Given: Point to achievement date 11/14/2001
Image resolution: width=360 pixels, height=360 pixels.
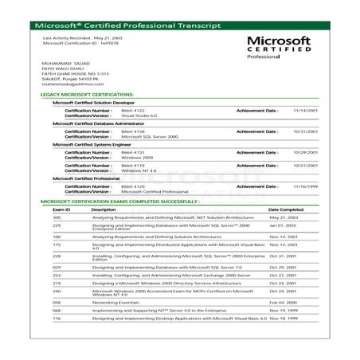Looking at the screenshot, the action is click(x=292, y=109).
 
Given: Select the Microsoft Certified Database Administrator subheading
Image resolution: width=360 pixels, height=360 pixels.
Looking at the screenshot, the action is click(x=102, y=123).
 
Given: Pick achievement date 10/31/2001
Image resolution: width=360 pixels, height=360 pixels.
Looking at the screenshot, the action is click(x=292, y=131).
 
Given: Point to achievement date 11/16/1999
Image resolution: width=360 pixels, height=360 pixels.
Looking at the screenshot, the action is click(x=292, y=186).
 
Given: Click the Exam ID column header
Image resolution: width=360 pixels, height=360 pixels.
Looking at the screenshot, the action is click(x=62, y=209).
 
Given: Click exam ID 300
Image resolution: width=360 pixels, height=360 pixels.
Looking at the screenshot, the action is click(x=57, y=217).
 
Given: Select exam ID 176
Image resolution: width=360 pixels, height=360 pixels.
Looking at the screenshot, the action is click(x=57, y=318).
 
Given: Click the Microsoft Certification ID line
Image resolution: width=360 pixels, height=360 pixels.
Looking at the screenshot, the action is click(x=75, y=43).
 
